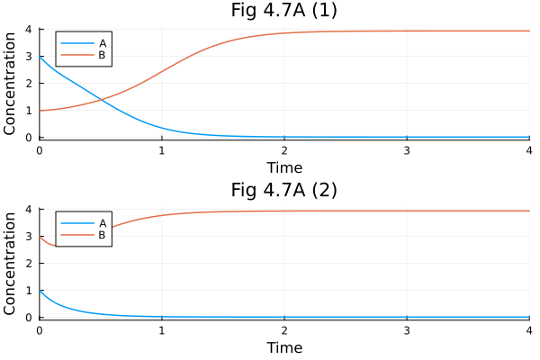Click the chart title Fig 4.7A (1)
point(284,12)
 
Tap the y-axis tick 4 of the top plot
point(30,29)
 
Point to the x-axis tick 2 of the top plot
point(284,150)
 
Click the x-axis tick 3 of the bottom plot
point(407,330)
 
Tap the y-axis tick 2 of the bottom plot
point(30,263)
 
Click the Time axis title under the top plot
point(284,167)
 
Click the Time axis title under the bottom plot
point(284,347)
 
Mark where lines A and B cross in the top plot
point(101,99)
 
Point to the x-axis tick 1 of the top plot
point(162,150)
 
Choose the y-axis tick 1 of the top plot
point(30,111)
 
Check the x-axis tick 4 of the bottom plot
point(528,330)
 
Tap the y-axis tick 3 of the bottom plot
point(30,236)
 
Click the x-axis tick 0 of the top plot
point(40,150)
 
